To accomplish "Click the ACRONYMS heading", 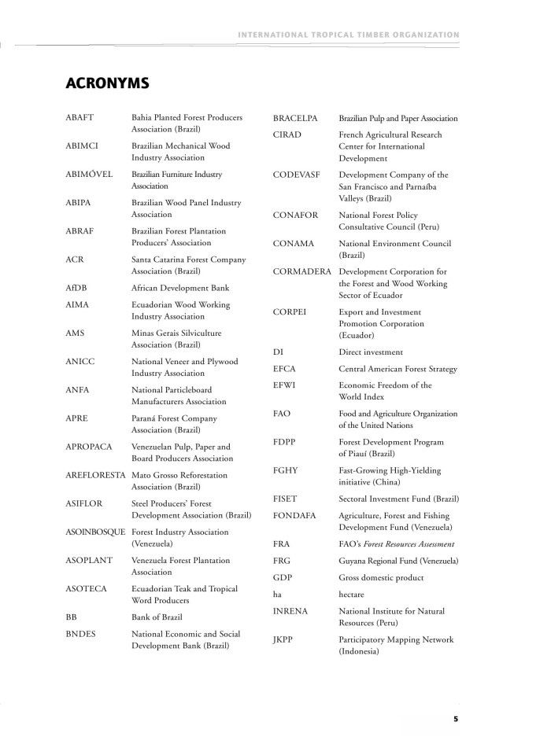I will click(x=108, y=82).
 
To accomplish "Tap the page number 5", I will click(x=456, y=717).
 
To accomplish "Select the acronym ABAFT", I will click(x=80, y=117).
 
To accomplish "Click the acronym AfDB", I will click(x=76, y=288).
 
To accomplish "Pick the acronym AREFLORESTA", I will click(x=96, y=475).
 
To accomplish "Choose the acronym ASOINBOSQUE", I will click(x=96, y=532).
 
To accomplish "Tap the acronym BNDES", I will click(x=82, y=633).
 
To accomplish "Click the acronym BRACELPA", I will click(x=295, y=118).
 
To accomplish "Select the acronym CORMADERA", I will click(x=303, y=271).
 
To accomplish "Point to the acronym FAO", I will click(x=283, y=413).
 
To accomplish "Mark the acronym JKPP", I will click(x=283, y=639).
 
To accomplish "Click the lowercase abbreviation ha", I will click(x=278, y=594).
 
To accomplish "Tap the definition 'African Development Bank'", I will click(x=180, y=288).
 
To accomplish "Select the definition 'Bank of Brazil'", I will click(x=157, y=617).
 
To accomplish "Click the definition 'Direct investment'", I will click(x=371, y=352).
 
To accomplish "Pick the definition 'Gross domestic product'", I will click(x=381, y=577).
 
